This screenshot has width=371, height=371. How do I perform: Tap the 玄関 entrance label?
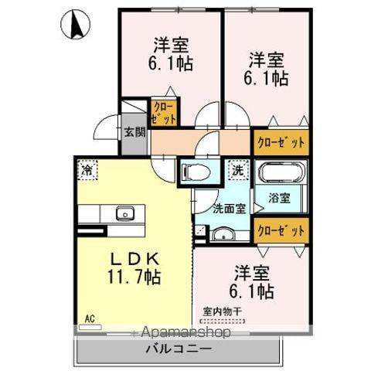point(134,131)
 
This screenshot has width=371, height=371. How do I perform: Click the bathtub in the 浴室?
point(282,173)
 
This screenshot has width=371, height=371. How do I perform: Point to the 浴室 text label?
point(281,198)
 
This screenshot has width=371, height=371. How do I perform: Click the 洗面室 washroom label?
point(230,208)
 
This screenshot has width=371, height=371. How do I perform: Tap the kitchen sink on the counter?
point(123,213)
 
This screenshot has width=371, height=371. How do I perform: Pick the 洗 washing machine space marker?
point(236,169)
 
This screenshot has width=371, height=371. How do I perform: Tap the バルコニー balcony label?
point(178,349)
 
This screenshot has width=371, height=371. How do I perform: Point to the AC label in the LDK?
point(89,317)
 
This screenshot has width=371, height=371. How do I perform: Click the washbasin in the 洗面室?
point(223,235)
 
